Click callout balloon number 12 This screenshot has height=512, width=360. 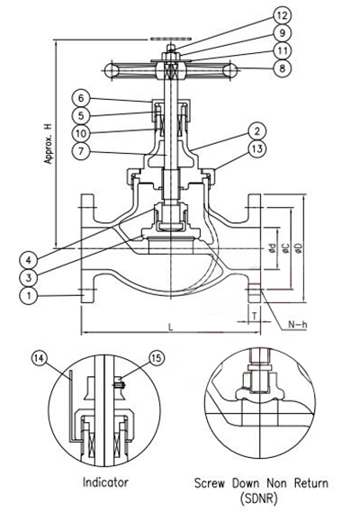tap(283, 15)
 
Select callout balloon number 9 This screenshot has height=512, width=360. tap(283, 33)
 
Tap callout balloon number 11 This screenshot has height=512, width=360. tap(283, 50)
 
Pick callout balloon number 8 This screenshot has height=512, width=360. tap(283, 68)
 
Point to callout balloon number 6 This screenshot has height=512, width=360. tap(81, 98)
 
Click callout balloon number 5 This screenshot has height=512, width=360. tap(81, 115)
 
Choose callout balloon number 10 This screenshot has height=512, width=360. tap(81, 133)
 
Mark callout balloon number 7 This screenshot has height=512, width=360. tap(81, 151)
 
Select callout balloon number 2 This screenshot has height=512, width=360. tap(257, 131)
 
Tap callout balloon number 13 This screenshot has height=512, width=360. tap(257, 148)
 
